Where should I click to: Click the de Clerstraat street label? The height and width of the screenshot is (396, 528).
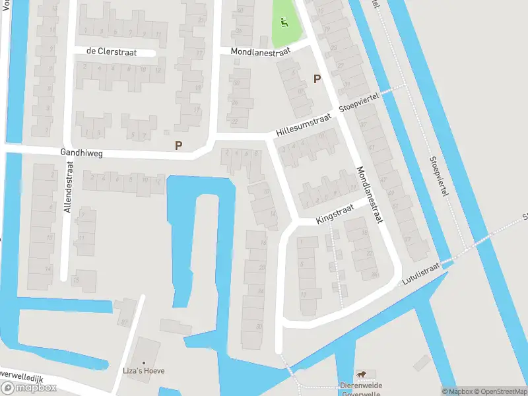point(111,52)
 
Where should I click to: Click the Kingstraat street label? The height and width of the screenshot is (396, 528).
point(335,213)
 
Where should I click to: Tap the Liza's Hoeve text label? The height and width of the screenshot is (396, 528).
point(144,370)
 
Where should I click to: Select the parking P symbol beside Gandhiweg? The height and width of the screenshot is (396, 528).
point(178,145)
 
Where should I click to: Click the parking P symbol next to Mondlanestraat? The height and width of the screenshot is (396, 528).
point(317,79)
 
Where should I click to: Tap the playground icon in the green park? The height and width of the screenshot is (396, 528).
point(284,22)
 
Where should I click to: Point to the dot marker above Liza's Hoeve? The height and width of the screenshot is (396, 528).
point(144,361)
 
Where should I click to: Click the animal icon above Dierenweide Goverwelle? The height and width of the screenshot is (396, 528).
point(362,374)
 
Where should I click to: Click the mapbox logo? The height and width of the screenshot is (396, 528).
point(28,387)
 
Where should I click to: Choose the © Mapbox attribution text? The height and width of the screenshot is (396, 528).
point(456,391)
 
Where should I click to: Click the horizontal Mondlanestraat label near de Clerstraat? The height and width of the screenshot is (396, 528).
point(261,51)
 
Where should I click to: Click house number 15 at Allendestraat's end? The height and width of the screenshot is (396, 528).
point(77,279)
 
